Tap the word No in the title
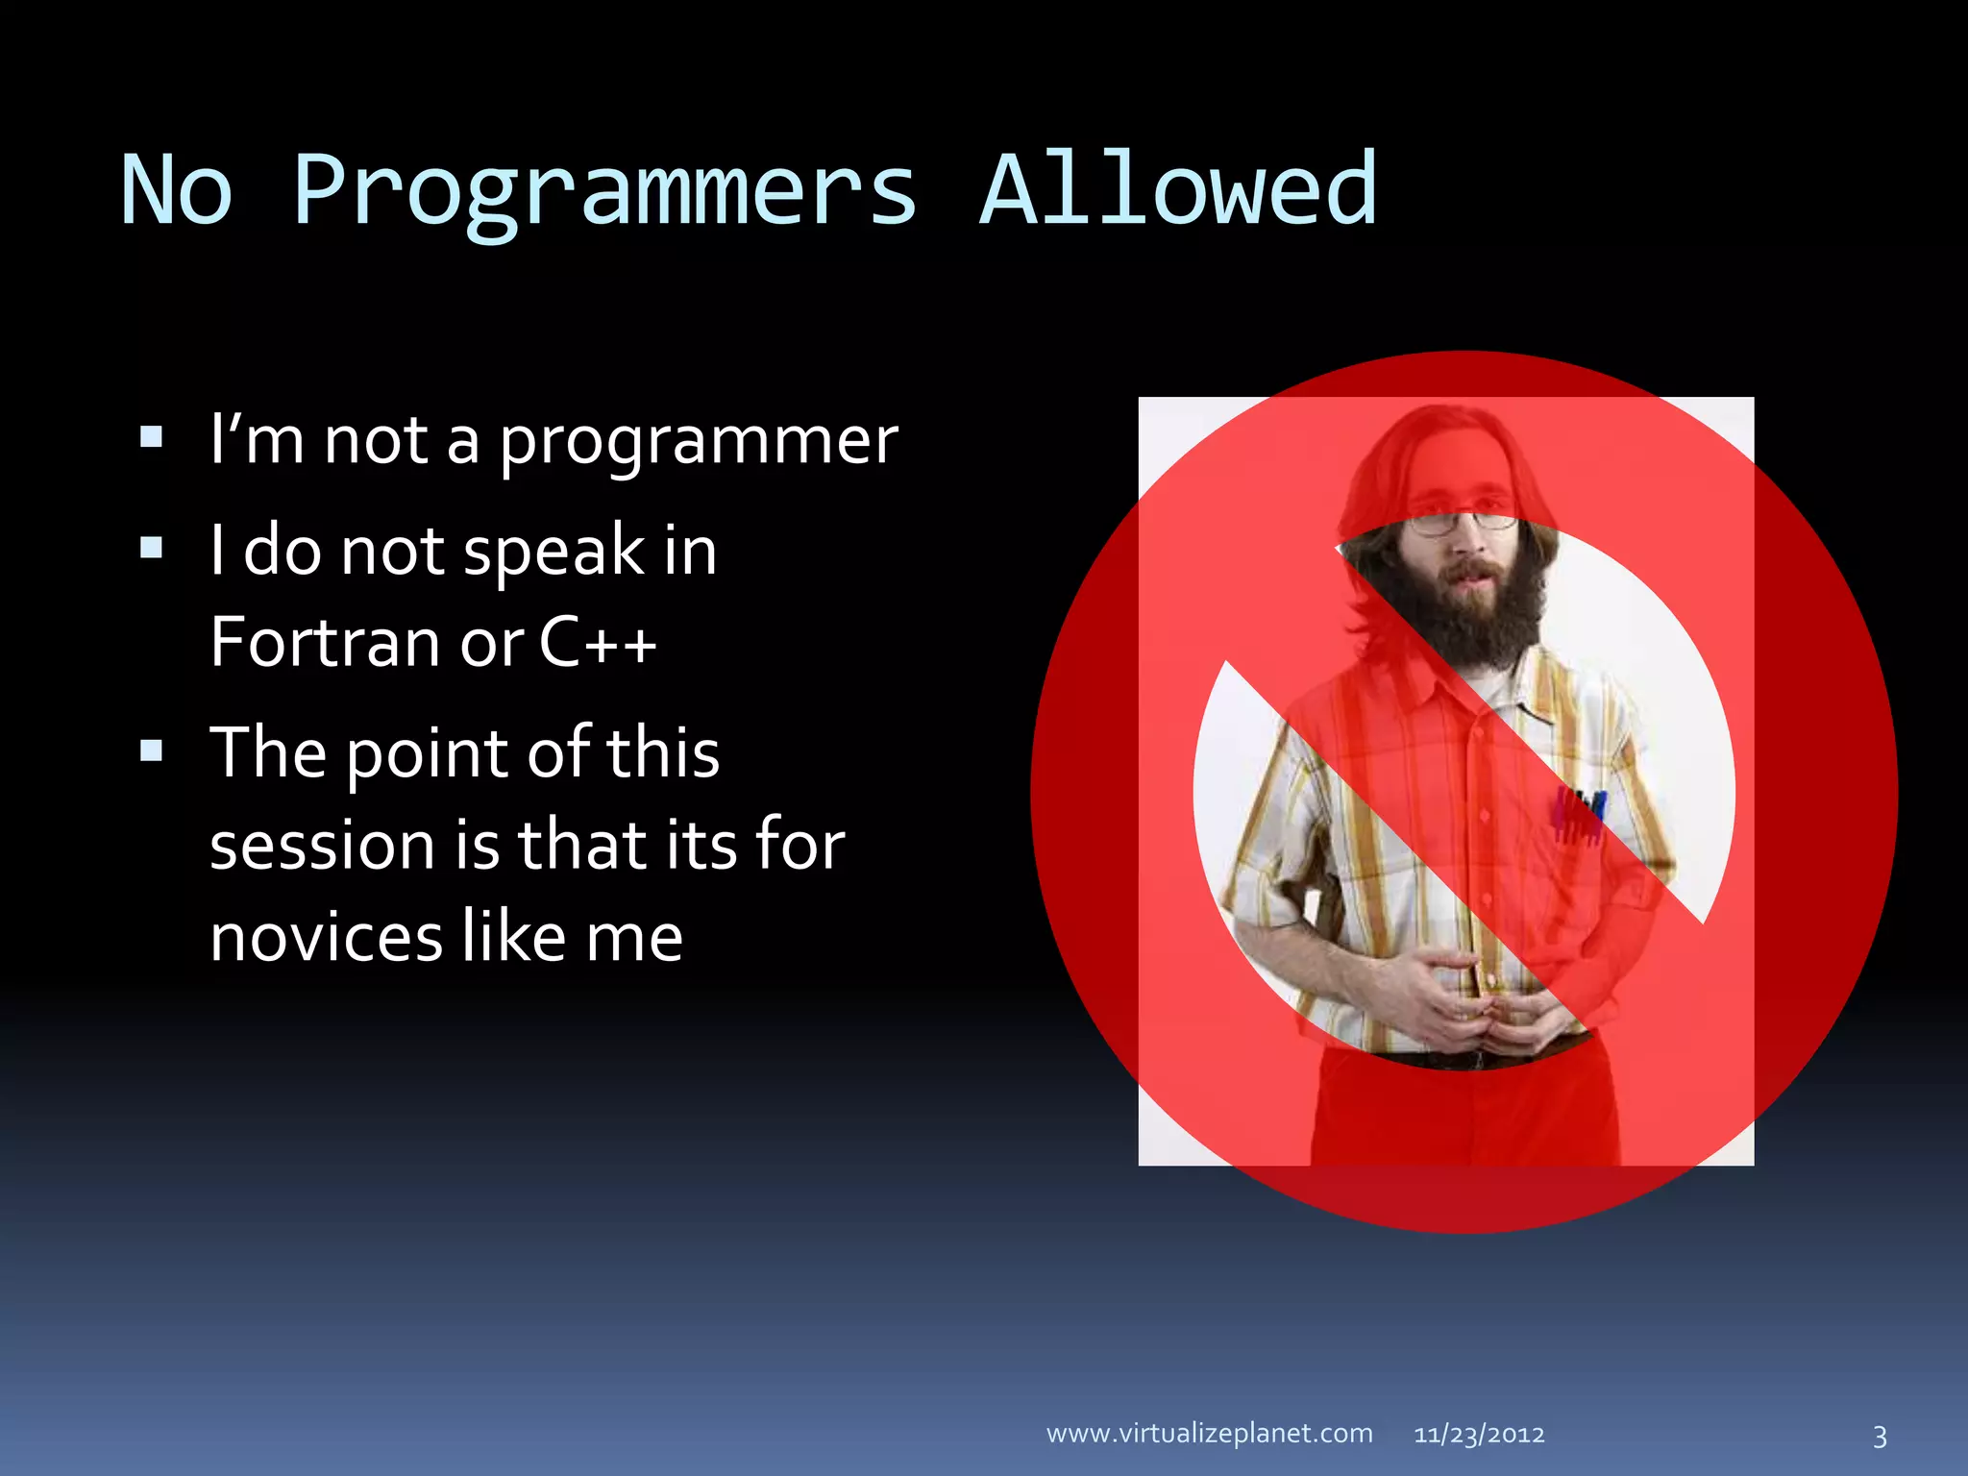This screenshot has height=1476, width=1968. [x=177, y=192]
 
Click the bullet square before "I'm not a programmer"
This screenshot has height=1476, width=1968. [x=151, y=438]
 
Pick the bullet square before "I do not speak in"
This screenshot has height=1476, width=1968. [x=151, y=548]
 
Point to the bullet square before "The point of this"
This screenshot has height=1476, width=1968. [x=151, y=750]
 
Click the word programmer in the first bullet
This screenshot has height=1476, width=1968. [x=699, y=442]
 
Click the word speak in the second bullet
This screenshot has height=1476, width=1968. [x=554, y=552]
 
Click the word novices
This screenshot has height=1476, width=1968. [x=326, y=937]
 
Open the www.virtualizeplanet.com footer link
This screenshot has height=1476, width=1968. [x=1209, y=1434]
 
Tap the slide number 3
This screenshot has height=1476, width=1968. [x=1880, y=1437]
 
